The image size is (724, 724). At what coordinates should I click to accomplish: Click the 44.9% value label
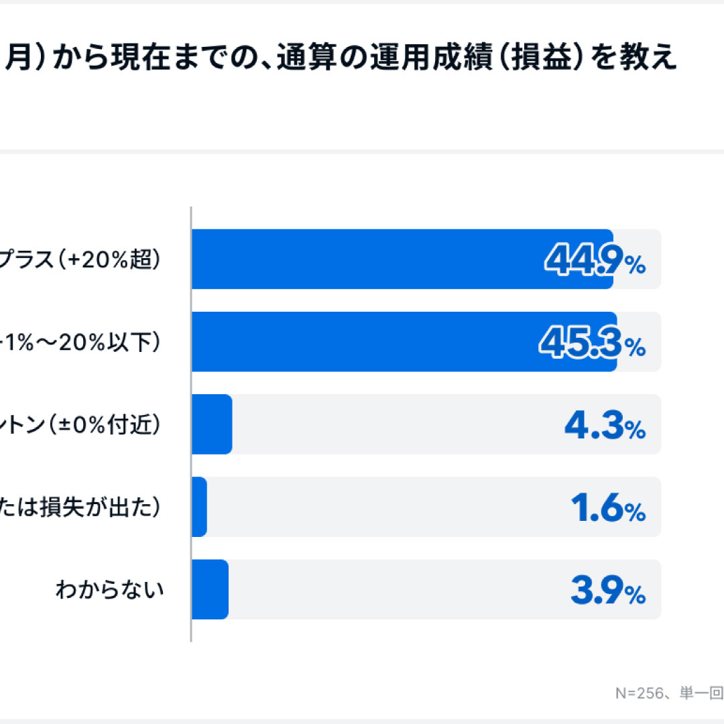click(x=594, y=260)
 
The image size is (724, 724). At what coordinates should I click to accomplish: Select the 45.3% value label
click(x=593, y=343)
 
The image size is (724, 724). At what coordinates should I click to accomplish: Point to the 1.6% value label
click(x=607, y=507)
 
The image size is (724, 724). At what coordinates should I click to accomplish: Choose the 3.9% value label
click(x=607, y=590)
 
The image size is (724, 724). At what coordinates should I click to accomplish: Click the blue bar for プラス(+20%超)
click(x=402, y=259)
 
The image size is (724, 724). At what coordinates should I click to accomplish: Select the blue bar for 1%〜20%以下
click(x=402, y=342)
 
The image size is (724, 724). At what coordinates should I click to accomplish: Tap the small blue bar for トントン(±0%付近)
click(x=212, y=424)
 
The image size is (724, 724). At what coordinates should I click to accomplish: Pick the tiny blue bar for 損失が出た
click(x=199, y=507)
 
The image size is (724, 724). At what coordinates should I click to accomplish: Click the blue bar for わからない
click(x=210, y=589)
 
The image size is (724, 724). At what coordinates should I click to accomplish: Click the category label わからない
click(x=109, y=590)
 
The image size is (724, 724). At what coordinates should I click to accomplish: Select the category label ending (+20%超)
click(x=80, y=260)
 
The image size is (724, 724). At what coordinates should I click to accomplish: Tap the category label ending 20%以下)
click(x=80, y=343)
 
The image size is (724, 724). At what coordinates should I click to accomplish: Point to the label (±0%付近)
click(x=80, y=425)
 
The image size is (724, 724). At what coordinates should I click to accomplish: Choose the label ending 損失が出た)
click(x=80, y=507)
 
